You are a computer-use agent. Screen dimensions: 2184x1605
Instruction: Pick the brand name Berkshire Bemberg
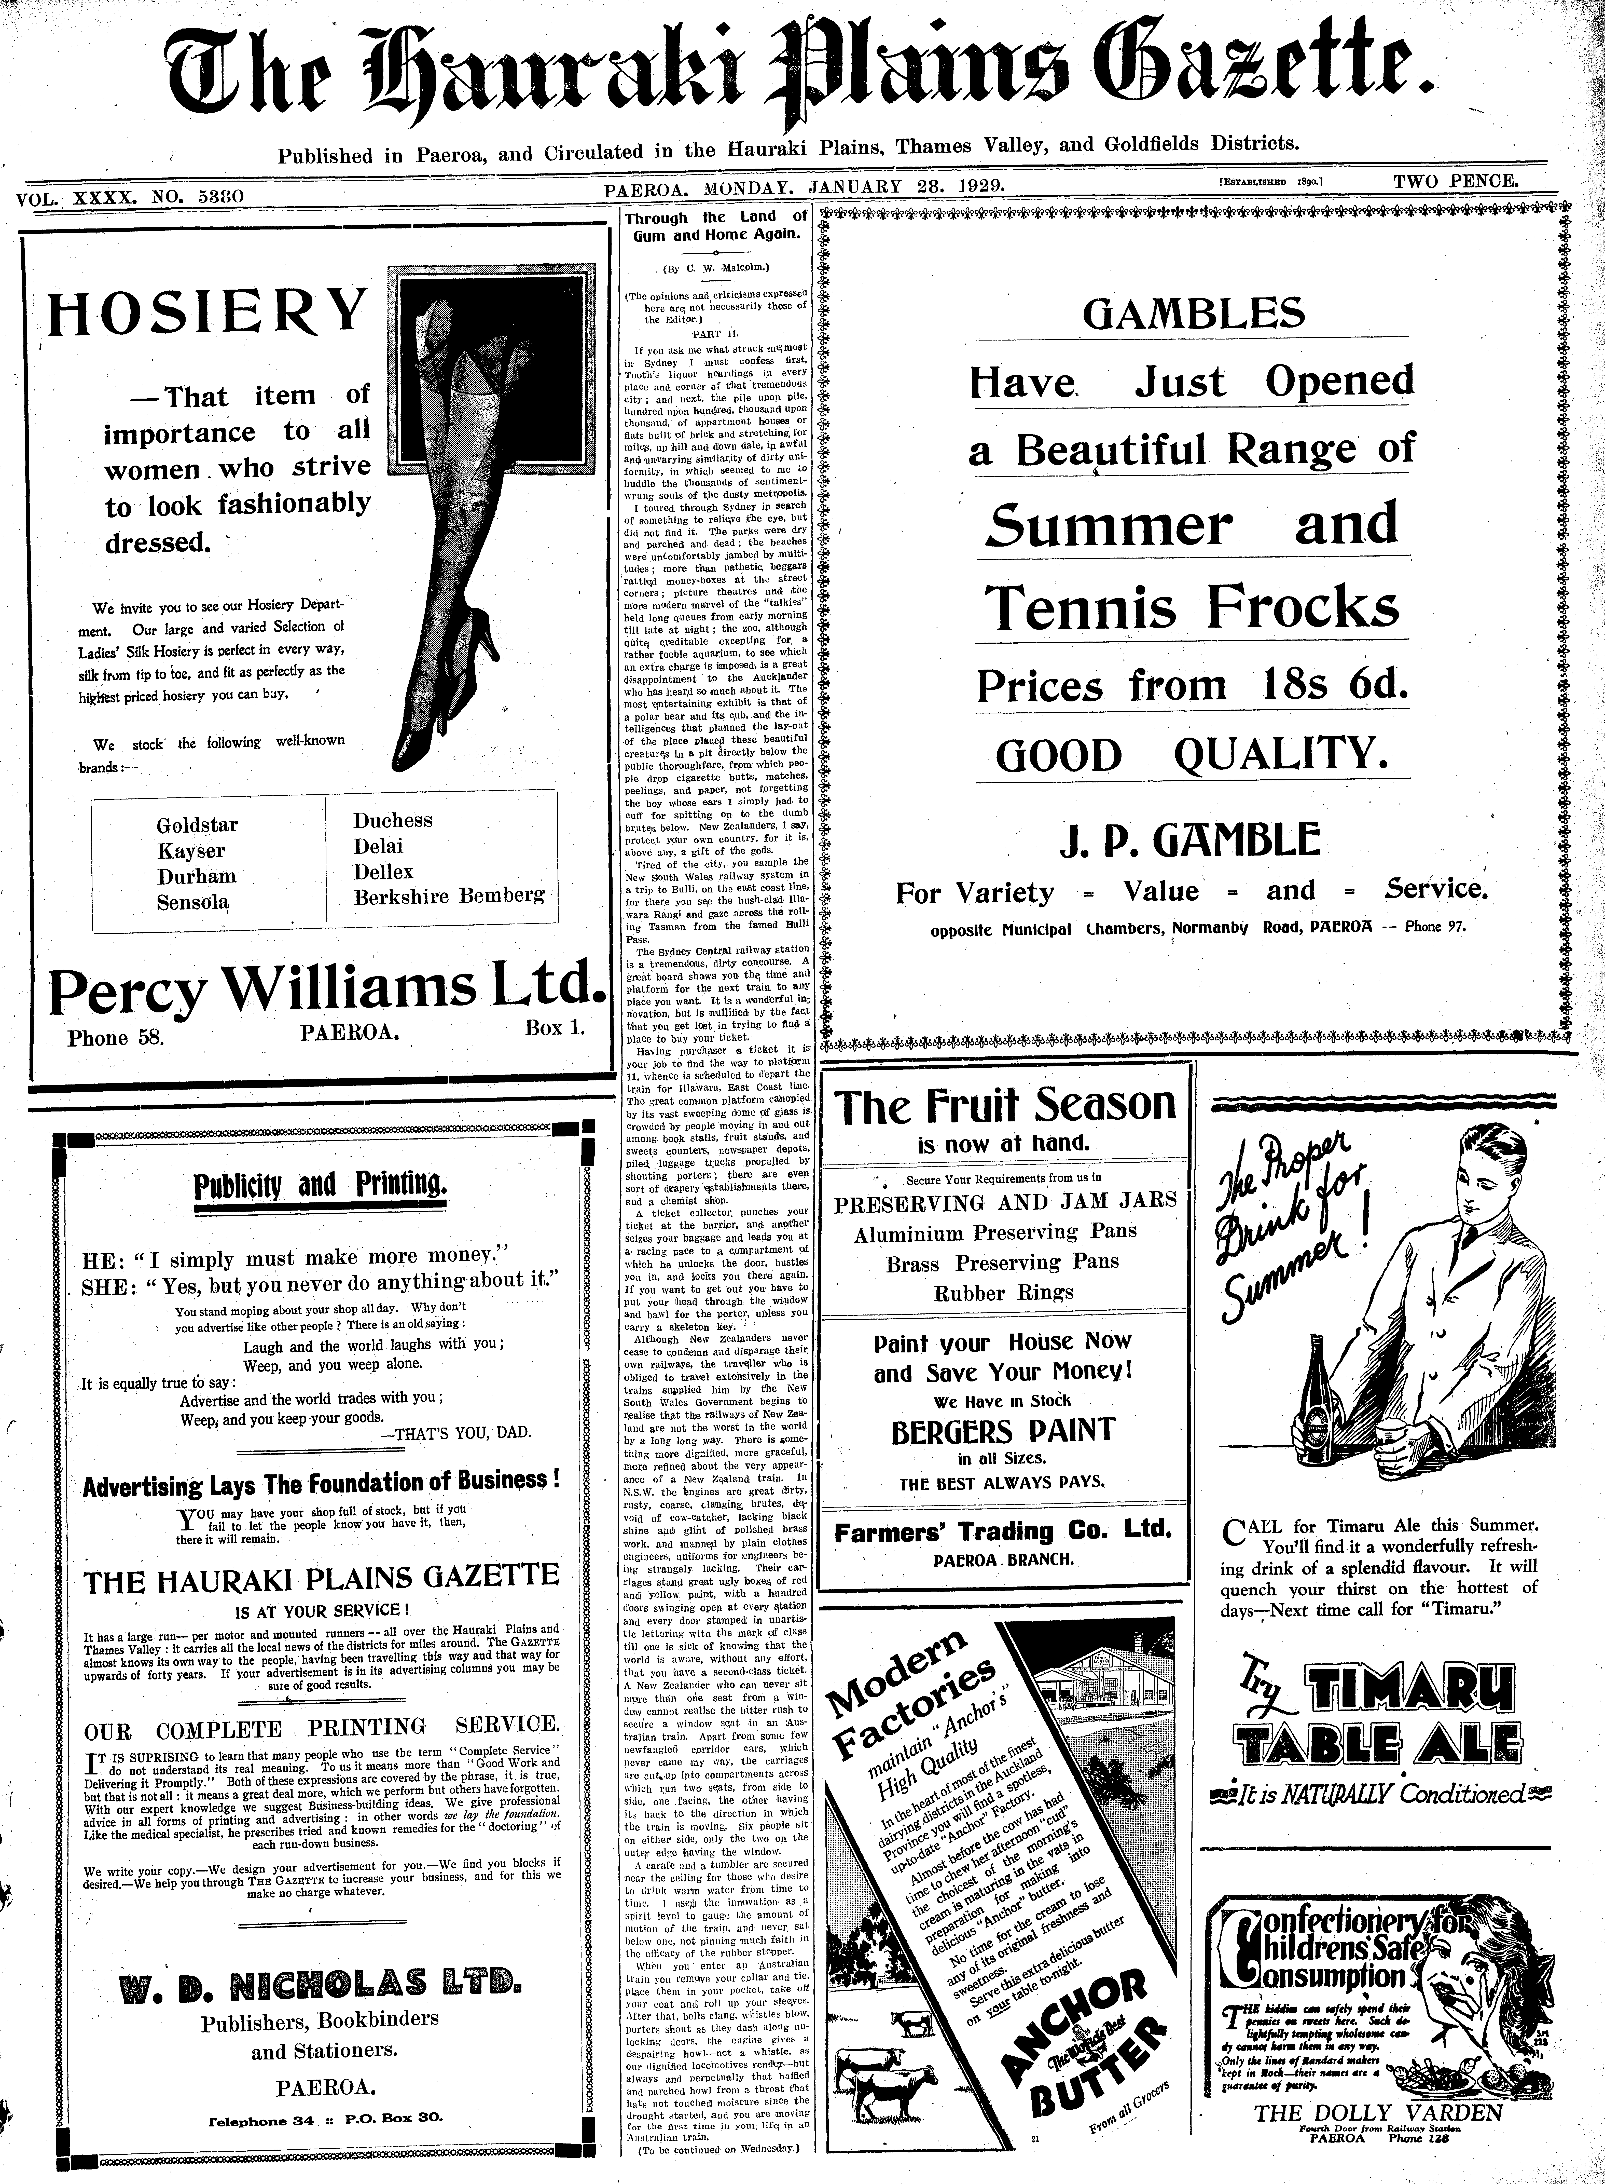tap(449, 896)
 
